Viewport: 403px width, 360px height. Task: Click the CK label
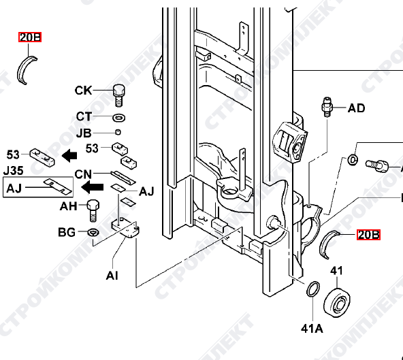click(83, 91)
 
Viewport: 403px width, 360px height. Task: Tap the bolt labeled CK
click(118, 95)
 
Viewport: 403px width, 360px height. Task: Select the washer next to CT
click(118, 118)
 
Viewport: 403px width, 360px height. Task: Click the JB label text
click(84, 133)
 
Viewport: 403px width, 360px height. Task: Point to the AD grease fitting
click(327, 107)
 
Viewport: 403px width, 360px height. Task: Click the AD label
click(356, 108)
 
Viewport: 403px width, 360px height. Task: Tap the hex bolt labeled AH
click(93, 210)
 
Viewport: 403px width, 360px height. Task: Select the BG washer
click(93, 233)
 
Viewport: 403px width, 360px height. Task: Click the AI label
click(112, 276)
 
